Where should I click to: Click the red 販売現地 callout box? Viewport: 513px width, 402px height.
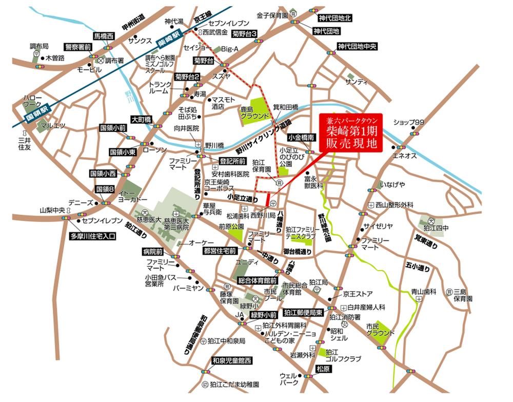[351, 133]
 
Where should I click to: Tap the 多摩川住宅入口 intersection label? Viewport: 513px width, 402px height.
[93, 237]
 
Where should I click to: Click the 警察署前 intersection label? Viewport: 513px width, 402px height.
[78, 47]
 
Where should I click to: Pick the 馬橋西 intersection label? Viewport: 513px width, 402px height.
[103, 36]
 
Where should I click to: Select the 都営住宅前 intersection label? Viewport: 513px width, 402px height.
[219, 251]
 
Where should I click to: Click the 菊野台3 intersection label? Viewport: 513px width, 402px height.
[244, 34]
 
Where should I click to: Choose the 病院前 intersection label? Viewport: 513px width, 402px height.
[153, 252]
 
